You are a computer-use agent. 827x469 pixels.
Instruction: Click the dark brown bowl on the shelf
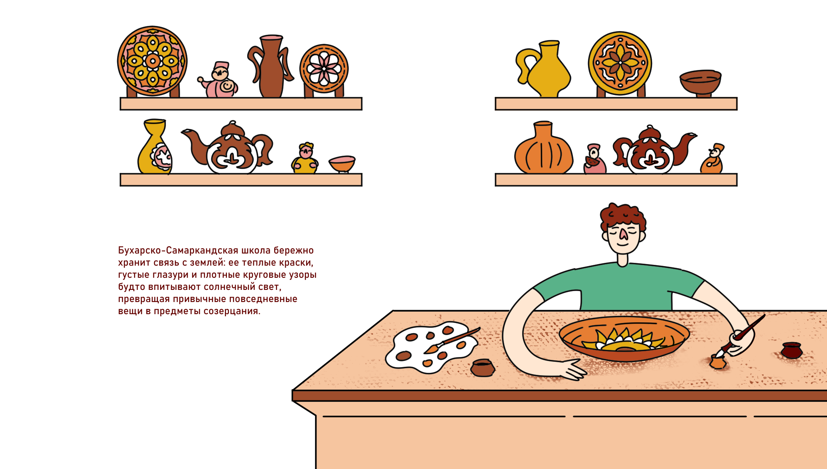pos(701,83)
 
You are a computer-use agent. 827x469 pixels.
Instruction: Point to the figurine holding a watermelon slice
pos(594,160)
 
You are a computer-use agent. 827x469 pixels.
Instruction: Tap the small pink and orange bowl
pos(342,164)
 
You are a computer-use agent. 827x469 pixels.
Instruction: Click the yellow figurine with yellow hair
pos(305,159)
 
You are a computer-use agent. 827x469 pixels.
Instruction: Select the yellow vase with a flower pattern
pos(155,147)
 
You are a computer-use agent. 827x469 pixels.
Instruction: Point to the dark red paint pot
pos(791,350)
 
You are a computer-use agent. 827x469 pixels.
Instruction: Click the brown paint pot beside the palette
pos(483,368)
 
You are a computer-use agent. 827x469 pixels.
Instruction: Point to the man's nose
pos(623,234)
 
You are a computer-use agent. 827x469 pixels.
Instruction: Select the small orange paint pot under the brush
pos(718,362)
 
